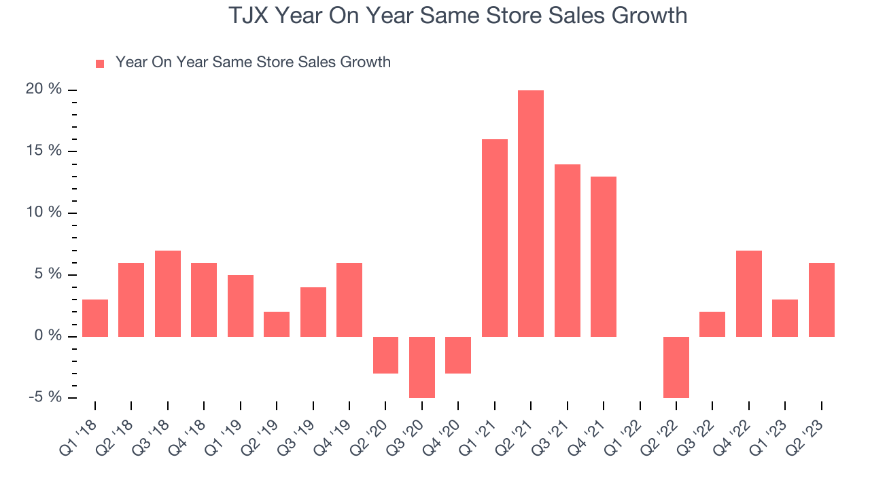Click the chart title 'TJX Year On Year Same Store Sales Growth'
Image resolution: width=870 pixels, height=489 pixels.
457,16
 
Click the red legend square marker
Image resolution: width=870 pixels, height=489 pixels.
100,63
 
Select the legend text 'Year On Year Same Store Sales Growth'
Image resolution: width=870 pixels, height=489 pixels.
253,62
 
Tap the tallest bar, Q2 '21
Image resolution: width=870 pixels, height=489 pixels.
531,213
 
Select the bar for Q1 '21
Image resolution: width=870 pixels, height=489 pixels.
495,238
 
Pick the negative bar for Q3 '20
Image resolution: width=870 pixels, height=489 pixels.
422,367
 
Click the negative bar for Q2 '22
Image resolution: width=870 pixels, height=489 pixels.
676,367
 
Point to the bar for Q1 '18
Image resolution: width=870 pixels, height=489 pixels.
95,318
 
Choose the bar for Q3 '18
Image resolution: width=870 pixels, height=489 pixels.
168,293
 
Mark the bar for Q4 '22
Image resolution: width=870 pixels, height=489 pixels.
749,293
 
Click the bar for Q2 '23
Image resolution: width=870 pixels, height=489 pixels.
822,300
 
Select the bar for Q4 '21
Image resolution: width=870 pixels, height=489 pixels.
604,257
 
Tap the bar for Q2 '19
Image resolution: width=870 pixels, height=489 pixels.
277,324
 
